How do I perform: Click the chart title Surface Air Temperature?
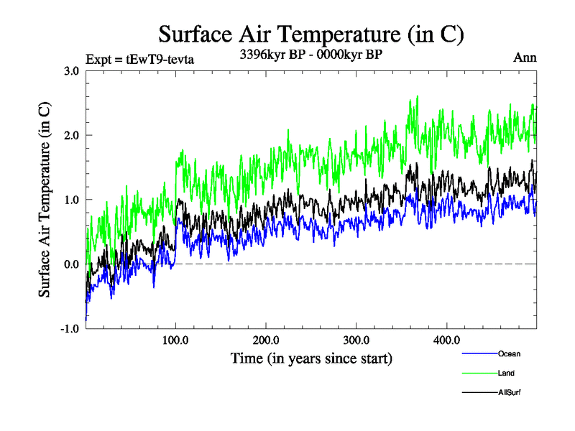click(x=311, y=34)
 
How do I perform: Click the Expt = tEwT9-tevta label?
click(x=139, y=59)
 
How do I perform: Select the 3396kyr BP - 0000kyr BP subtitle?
click(x=310, y=55)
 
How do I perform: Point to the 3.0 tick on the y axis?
click(x=70, y=70)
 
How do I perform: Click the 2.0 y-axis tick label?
click(x=70, y=135)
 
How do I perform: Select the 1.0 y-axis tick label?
click(x=70, y=200)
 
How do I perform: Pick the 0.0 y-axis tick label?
click(x=70, y=264)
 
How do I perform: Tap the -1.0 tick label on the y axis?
click(x=69, y=329)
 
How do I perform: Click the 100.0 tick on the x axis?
click(x=176, y=340)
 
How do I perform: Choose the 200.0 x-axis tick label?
click(x=267, y=340)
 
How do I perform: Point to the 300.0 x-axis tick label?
click(x=357, y=340)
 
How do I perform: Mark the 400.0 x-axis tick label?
click(x=447, y=340)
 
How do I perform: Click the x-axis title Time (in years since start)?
click(x=311, y=358)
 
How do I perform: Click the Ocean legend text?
click(x=509, y=353)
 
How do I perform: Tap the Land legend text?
click(x=506, y=373)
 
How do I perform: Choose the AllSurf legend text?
click(x=509, y=392)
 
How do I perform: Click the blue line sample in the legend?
click(x=479, y=353)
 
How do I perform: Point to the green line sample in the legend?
click(x=479, y=373)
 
